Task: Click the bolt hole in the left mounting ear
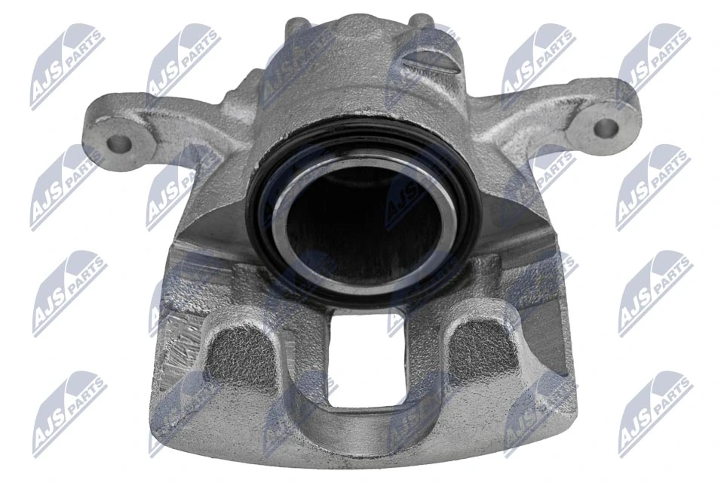pyautogui.click(x=119, y=142)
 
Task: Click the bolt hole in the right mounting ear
pyautogui.click(x=605, y=128)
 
